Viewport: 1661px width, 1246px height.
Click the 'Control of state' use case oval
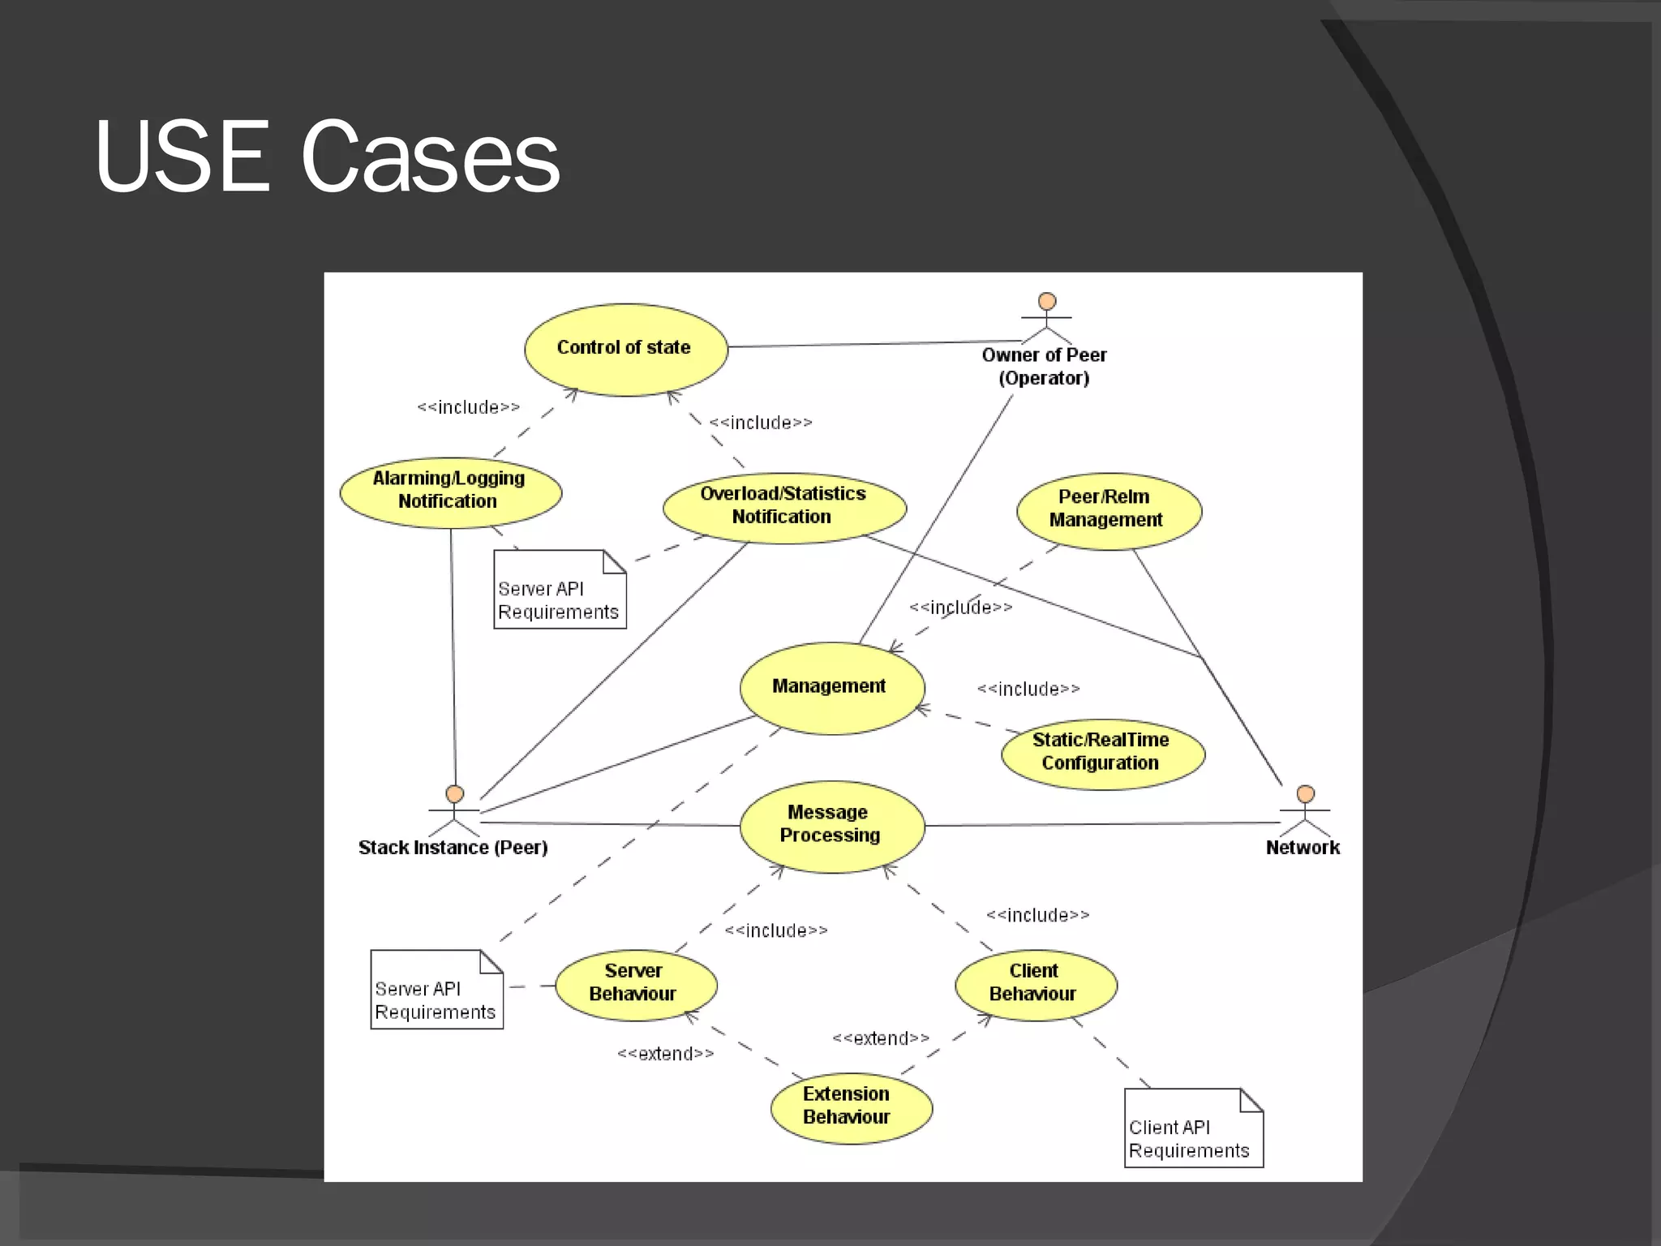tap(625, 349)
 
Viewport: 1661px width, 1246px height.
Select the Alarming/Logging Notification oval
tap(450, 492)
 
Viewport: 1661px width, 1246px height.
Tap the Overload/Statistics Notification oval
tap(783, 507)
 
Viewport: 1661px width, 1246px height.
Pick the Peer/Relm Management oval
tap(1108, 510)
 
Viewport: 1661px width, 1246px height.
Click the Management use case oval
tap(831, 688)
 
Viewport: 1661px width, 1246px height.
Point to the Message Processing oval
tap(831, 825)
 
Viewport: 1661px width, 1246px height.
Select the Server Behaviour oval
tap(635, 984)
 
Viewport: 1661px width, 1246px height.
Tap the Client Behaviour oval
tap(1035, 984)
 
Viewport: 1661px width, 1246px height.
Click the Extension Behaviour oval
tap(850, 1107)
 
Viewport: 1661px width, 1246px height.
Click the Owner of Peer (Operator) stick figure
tap(1046, 320)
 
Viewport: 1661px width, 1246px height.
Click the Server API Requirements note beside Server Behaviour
tap(436, 990)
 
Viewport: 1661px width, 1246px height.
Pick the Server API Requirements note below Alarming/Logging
tap(560, 590)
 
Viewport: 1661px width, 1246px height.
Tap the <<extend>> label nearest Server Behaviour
tap(666, 1054)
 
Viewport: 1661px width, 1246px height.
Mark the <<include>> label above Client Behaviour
tap(1037, 915)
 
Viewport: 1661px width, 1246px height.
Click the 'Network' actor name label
tap(1303, 848)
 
